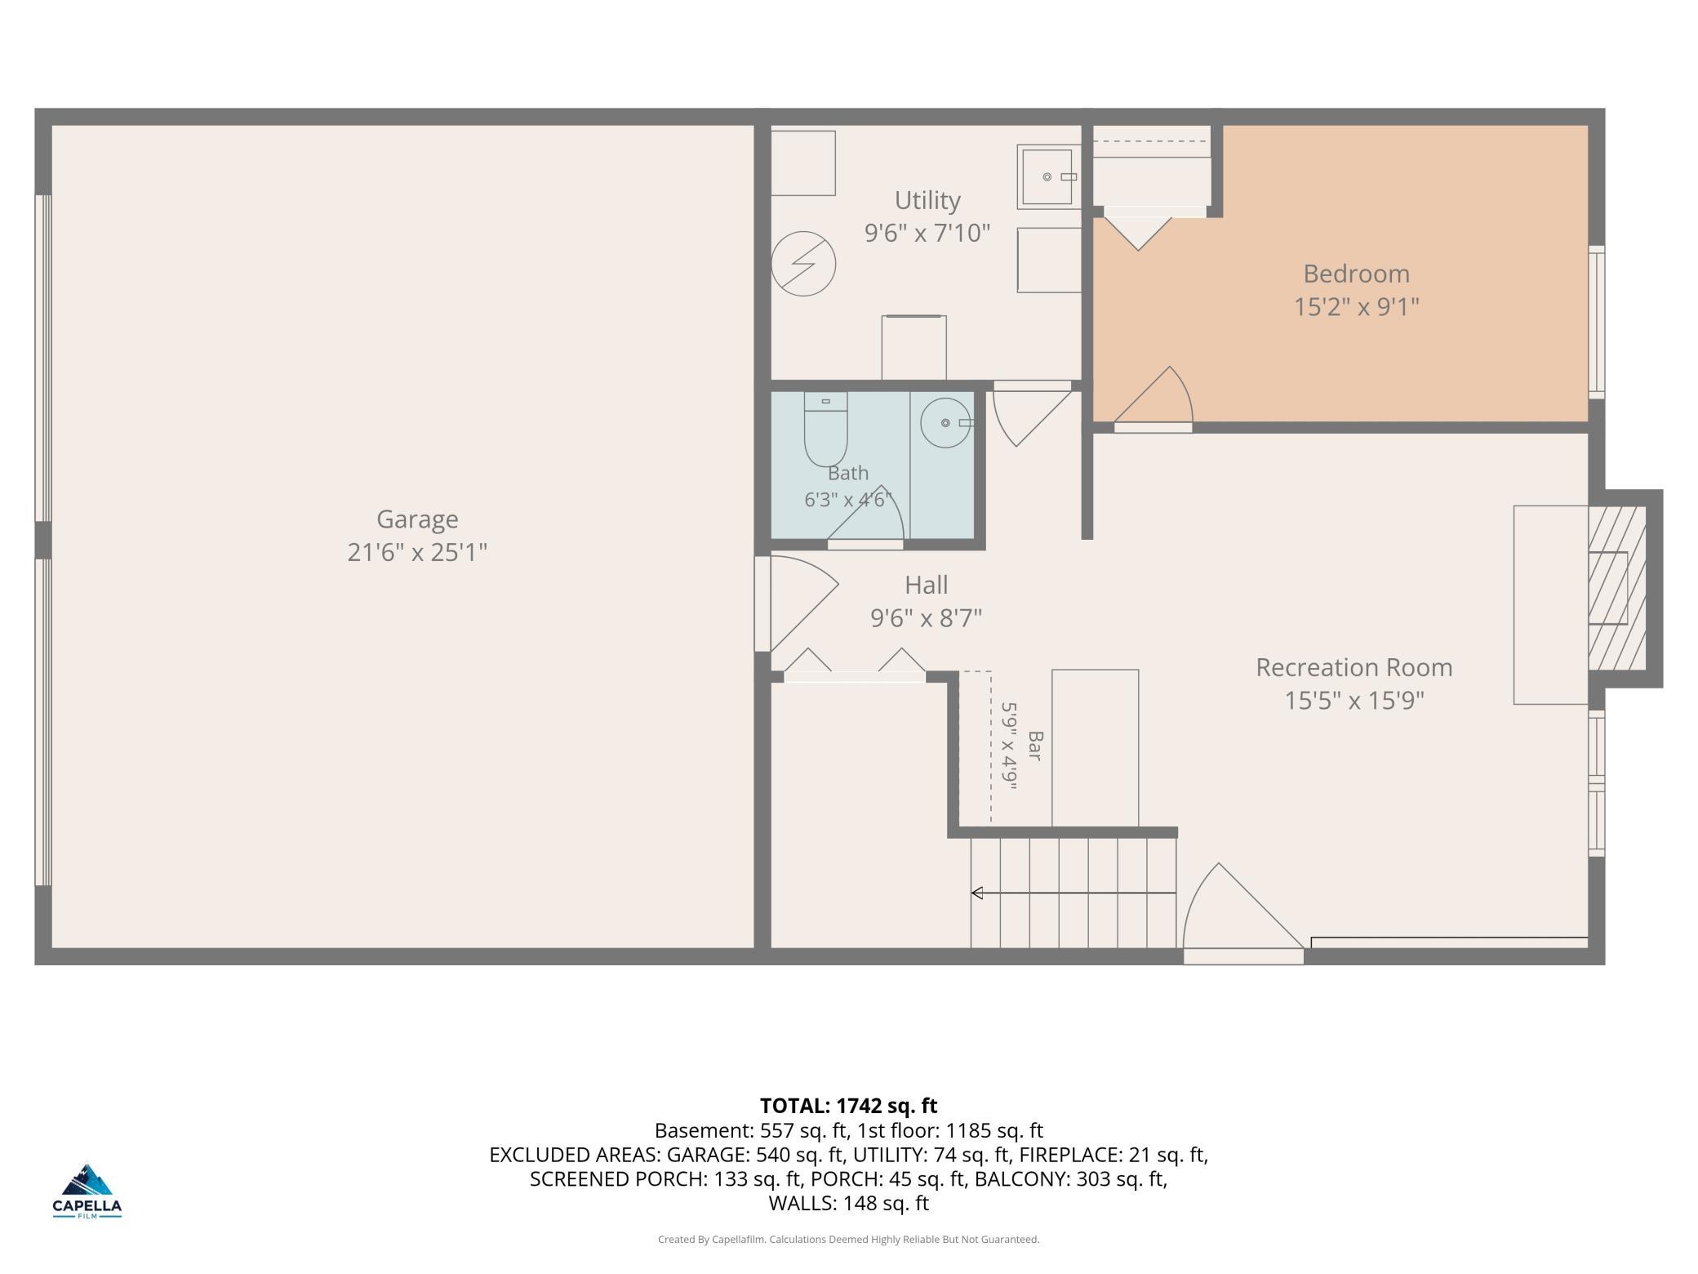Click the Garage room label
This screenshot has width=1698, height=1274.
tap(417, 519)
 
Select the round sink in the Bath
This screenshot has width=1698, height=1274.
tap(947, 423)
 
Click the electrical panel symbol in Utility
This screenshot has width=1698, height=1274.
tap(803, 263)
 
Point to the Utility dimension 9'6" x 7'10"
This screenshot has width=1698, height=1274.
tap(927, 233)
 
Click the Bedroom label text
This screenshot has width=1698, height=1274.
tap(1356, 274)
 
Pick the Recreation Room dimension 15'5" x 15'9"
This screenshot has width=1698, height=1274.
tap(1354, 701)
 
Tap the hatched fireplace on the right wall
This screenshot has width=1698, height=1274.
tap(1616, 588)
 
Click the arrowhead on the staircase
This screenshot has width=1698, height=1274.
tap(976, 893)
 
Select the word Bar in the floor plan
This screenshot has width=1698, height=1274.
tap(1035, 746)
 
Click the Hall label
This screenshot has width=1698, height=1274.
tap(926, 585)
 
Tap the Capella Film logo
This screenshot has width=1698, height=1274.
tap(87, 1191)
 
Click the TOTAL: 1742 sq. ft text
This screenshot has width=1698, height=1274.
tap(849, 1106)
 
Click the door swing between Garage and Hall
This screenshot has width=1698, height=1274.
tap(796, 603)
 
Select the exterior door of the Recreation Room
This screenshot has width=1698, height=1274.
tap(1243, 914)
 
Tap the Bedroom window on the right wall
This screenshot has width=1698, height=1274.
tap(1596, 323)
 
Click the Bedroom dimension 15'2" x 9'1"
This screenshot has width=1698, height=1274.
tap(1356, 307)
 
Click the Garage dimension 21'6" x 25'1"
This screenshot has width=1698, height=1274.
tap(417, 553)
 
